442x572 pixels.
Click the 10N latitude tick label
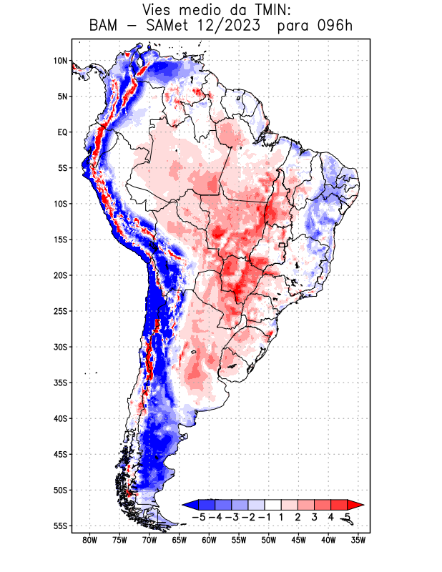60,61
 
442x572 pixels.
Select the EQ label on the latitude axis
62,132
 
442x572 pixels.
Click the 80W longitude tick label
89,540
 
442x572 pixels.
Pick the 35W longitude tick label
358,540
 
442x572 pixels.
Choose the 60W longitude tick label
209,540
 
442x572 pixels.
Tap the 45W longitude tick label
298,540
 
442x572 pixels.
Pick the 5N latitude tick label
62,97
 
